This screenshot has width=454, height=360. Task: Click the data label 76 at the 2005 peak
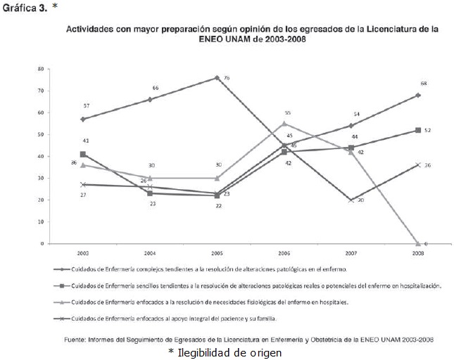227,77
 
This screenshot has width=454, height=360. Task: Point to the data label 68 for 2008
424,84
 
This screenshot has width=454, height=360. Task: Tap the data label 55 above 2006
287,112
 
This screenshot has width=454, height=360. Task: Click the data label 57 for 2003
86,105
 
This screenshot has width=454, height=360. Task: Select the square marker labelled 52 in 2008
418,130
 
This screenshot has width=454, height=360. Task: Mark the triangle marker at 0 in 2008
418,243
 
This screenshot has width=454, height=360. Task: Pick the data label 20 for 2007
360,200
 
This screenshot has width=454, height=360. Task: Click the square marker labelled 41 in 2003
83,154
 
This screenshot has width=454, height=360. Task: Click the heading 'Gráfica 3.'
25,8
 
